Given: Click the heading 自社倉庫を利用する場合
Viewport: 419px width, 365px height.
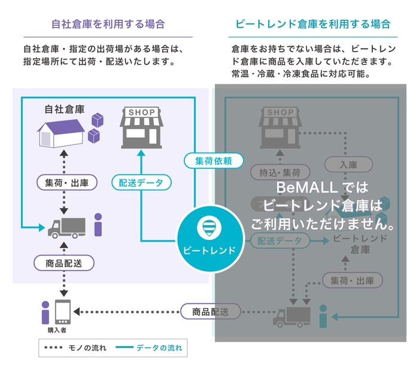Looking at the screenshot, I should [x=108, y=25].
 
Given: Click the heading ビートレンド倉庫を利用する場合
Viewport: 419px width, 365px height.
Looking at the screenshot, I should [x=312, y=25].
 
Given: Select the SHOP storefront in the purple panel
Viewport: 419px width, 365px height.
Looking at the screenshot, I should [x=142, y=127].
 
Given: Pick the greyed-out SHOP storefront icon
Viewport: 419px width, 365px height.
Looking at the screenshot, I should [x=280, y=127].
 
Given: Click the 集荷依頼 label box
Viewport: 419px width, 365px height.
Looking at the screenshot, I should [x=214, y=160].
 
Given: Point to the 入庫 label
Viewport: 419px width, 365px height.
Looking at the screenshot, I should [x=348, y=163].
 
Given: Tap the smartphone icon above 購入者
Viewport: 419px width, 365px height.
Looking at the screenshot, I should [x=63, y=312].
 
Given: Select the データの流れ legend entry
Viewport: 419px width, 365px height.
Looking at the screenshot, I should [x=149, y=347].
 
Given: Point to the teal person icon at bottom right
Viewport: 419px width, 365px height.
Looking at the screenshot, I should [x=324, y=316].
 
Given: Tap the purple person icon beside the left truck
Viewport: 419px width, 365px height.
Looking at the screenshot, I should [x=98, y=225].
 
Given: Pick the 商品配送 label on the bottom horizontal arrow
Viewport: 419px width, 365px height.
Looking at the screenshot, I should [x=211, y=311].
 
